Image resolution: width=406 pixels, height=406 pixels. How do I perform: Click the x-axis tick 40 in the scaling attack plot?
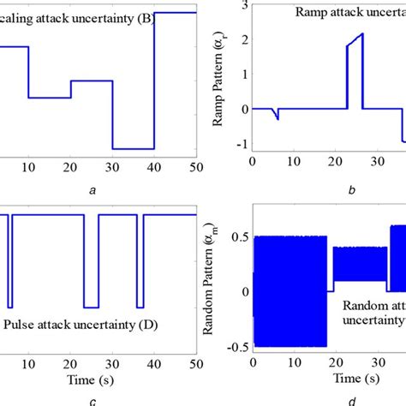click(154, 164)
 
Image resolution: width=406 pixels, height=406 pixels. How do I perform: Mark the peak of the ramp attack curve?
click(362, 34)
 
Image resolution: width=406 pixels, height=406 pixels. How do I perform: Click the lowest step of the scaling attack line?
click(133, 149)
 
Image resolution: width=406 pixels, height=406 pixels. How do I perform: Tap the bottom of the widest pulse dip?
click(91, 307)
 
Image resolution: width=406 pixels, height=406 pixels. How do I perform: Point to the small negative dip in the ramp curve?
click(278, 118)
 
